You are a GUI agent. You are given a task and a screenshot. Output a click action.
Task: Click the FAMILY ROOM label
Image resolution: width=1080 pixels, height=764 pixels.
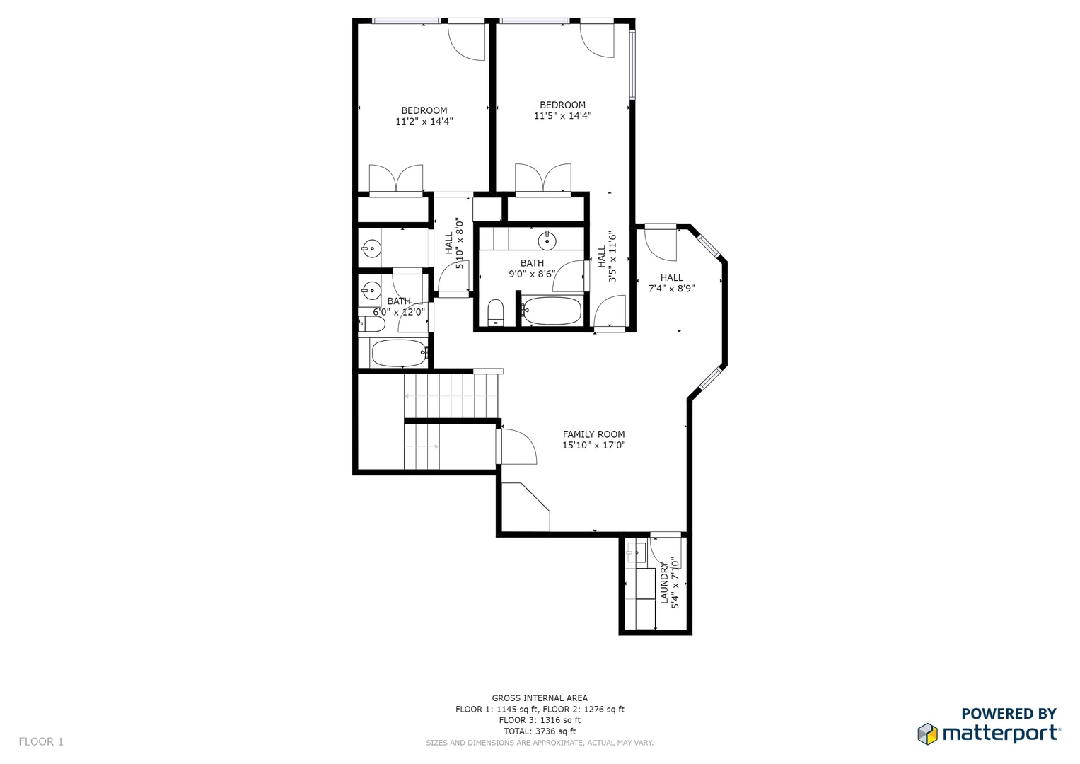pos(593,434)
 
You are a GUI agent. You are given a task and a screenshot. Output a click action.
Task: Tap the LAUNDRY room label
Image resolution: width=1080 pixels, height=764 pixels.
pos(664,583)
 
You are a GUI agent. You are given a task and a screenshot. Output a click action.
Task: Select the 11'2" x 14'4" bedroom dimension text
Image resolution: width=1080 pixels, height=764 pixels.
pos(424,121)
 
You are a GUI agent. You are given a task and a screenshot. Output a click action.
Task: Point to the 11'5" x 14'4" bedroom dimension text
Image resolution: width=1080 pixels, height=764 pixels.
pos(563,116)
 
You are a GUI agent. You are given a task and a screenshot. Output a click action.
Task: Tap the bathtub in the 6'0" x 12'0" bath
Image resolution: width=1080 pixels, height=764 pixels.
pos(399,353)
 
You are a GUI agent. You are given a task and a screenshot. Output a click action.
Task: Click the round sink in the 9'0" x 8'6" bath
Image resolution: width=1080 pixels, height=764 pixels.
pos(547,240)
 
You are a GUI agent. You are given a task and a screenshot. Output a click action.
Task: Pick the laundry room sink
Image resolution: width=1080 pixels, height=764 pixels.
pos(636,553)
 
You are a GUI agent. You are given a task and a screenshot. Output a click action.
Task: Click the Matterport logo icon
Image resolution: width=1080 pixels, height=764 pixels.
pos(927,734)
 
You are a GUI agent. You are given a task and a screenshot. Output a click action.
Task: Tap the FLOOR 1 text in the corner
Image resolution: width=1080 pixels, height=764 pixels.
pos(41,742)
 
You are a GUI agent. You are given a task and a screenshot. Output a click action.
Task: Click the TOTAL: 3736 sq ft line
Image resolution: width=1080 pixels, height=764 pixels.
pos(540,731)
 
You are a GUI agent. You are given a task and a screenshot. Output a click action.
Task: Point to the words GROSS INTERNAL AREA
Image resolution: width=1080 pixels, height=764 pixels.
pos(540,698)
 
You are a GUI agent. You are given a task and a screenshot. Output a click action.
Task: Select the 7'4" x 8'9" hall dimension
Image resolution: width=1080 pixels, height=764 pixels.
pos(672,289)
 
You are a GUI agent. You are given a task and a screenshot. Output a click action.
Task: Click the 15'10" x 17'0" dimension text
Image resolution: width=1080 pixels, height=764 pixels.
pos(593,445)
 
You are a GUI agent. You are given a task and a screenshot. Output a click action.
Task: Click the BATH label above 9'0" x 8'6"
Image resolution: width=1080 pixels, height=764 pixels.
pos(533,263)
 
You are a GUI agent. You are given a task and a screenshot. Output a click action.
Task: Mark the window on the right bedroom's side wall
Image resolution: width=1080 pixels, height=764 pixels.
pos(632,64)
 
